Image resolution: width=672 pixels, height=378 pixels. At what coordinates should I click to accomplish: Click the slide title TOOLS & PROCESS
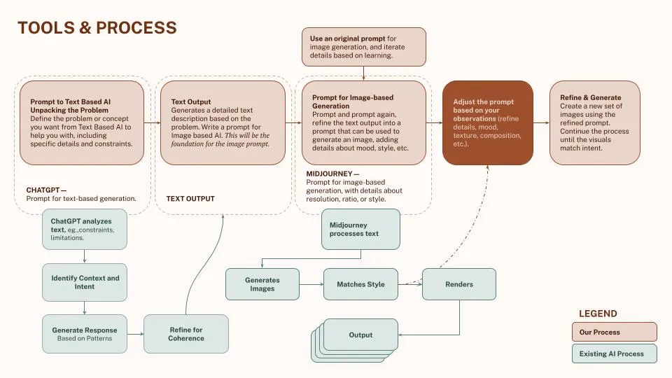click(x=97, y=28)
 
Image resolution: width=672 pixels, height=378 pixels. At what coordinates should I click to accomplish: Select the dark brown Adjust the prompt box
click(x=487, y=122)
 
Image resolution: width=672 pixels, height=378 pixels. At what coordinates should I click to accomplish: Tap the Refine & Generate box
click(x=594, y=122)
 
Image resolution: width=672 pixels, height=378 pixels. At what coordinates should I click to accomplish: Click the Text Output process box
click(x=223, y=122)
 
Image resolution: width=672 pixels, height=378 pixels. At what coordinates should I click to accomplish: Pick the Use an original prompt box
click(x=363, y=46)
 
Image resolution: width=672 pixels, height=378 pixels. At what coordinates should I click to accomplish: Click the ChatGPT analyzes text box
click(x=84, y=229)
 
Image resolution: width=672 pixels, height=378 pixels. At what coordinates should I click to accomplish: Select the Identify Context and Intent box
click(x=85, y=282)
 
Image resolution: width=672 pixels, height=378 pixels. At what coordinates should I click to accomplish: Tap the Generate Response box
click(x=85, y=334)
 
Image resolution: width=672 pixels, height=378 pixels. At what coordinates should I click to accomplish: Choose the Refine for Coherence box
click(x=186, y=334)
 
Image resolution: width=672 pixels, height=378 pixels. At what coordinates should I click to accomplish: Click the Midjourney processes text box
click(x=360, y=229)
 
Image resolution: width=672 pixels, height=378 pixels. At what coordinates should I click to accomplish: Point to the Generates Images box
click(x=262, y=284)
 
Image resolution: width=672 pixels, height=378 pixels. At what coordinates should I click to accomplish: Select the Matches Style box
click(x=360, y=284)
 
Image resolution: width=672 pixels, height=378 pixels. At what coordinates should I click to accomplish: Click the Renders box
click(x=459, y=284)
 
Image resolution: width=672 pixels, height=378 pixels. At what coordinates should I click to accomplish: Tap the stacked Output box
click(x=360, y=335)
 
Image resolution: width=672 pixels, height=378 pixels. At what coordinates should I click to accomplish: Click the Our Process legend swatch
click(x=614, y=332)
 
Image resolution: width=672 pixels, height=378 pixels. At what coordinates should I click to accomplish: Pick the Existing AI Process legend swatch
click(x=614, y=353)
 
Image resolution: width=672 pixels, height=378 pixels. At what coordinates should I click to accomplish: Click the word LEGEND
click(x=598, y=314)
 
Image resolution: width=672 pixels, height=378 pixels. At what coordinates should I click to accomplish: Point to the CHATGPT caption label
click(x=46, y=190)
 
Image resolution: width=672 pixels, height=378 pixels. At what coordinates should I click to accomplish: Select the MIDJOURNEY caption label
click(x=332, y=174)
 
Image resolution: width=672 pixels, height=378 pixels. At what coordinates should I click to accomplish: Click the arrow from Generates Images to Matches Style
click(x=311, y=284)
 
